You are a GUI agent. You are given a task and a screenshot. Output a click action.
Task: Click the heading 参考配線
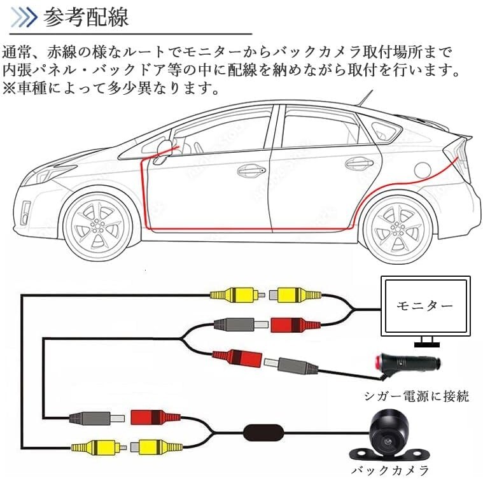point(85,18)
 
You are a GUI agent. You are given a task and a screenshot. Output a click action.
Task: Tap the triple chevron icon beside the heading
point(24,17)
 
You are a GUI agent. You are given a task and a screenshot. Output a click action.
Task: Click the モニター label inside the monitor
point(425,306)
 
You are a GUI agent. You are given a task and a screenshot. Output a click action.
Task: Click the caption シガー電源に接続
point(416,396)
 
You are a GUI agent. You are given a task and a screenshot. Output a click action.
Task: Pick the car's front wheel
point(98,227)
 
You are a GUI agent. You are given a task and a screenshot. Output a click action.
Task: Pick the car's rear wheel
point(398,227)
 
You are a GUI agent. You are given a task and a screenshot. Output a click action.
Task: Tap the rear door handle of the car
point(359,164)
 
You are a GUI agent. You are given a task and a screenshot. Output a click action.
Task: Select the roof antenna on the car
point(365,97)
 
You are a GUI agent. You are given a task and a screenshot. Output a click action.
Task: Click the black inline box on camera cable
point(263,432)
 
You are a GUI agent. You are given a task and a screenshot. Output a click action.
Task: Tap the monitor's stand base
point(426,344)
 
